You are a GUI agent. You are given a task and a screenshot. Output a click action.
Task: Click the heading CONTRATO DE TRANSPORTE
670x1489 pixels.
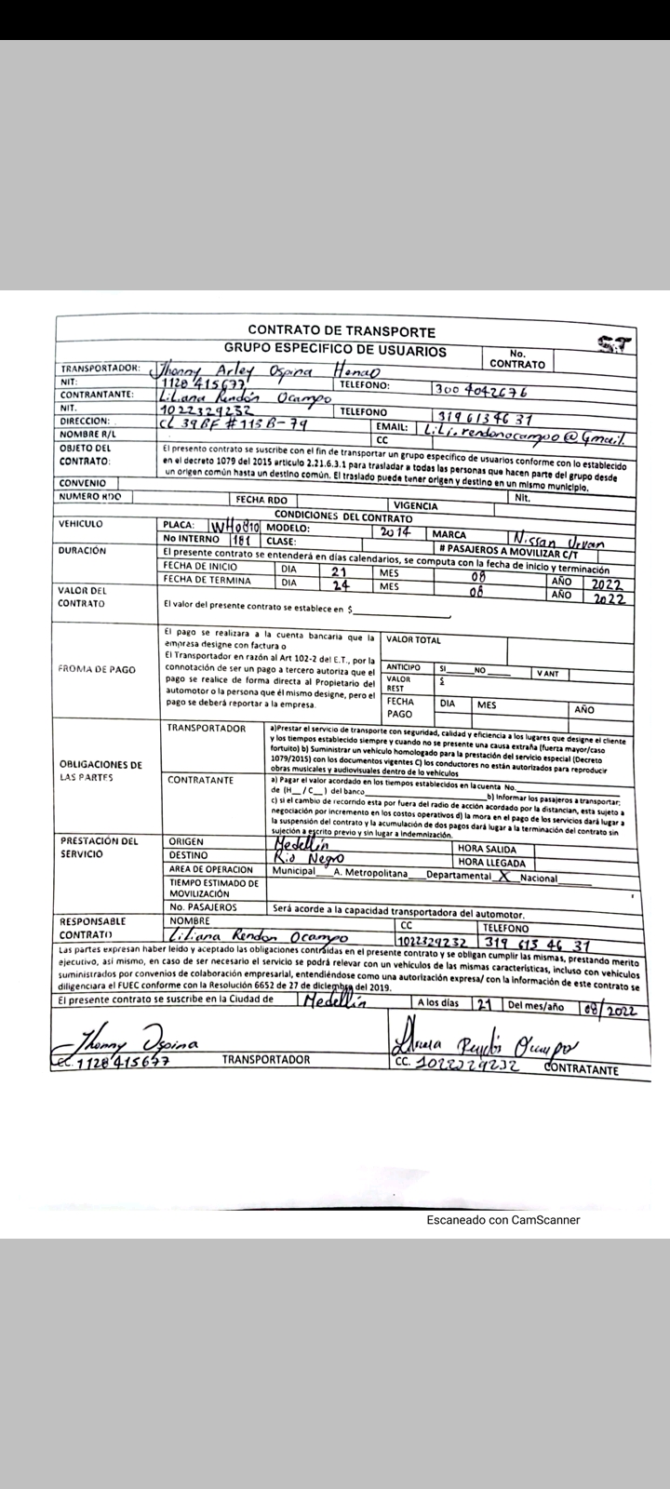tap(341, 330)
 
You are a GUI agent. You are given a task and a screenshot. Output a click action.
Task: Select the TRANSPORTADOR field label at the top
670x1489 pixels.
tap(100, 368)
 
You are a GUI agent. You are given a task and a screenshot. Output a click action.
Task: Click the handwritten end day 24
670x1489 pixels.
tap(339, 586)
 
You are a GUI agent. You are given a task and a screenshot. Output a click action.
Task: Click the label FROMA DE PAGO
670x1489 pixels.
tap(97, 669)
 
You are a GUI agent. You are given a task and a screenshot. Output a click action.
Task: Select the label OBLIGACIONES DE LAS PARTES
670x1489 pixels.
tap(100, 771)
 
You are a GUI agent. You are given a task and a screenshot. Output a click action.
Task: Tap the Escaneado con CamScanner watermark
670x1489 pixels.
tap(502, 1220)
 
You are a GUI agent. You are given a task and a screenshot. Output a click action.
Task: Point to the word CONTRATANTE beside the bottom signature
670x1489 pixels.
tap(582, 1069)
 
